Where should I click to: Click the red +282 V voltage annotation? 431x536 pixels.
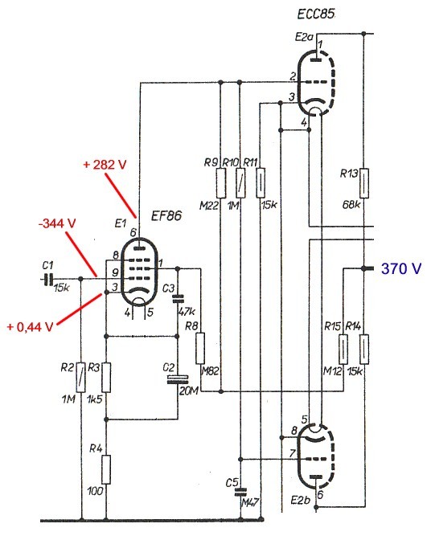[105, 165]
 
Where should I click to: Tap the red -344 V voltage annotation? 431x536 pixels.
[57, 223]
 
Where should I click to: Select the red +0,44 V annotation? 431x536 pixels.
[30, 327]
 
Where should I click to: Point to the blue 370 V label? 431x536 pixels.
[401, 268]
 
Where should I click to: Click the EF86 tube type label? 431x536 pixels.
[166, 215]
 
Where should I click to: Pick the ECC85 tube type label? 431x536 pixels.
[316, 14]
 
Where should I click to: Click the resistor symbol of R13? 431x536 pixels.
[364, 183]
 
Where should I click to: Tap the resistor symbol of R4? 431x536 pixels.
[106, 469]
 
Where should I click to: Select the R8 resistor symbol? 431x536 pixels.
[200, 348]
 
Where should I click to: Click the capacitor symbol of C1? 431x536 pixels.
[47, 280]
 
